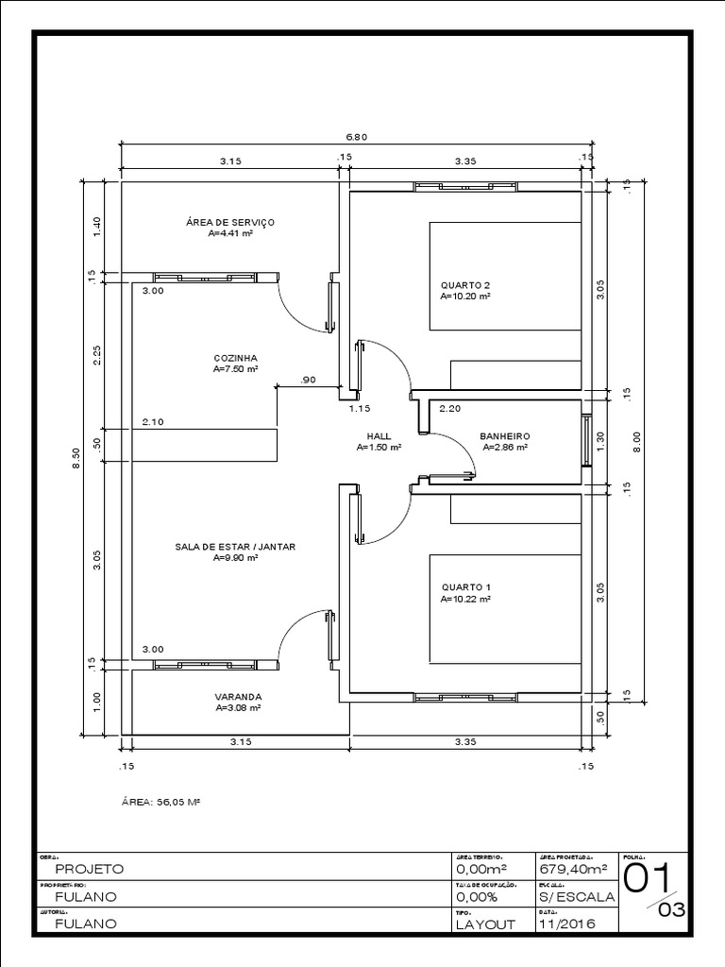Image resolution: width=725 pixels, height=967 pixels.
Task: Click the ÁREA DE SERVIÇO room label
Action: [230, 222]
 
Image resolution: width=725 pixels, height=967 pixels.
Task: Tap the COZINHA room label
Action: [236, 359]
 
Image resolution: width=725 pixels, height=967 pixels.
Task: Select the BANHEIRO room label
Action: [504, 436]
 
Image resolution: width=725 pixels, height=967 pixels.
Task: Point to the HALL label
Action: [379, 436]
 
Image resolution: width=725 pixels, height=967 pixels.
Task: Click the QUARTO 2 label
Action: [465, 284]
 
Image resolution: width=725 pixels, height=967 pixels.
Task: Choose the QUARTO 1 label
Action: [465, 587]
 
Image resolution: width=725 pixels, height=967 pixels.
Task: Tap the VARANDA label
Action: [238, 696]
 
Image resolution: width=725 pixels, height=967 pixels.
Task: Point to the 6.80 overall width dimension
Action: [356, 137]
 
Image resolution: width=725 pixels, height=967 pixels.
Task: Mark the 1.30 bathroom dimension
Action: [599, 441]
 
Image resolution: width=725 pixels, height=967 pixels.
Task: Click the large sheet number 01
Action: [649, 878]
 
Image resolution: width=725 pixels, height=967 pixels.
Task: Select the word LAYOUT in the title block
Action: [485, 925]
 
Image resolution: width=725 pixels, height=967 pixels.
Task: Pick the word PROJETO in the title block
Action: [89, 868]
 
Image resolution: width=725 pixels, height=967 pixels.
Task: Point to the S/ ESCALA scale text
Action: [576, 896]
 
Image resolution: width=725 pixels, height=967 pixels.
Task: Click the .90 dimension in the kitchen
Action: [308, 380]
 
